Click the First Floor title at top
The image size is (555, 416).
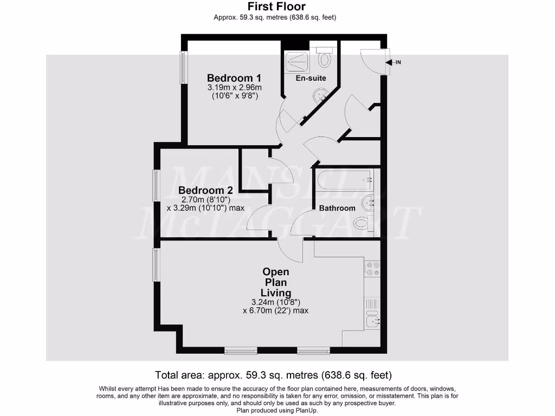coord(276,7)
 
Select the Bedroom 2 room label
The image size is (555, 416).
coord(205,190)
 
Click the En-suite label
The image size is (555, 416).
coord(311,78)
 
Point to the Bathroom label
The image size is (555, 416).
coord(337,208)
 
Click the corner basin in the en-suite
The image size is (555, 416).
coord(320,96)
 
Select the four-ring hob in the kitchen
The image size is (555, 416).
coord(372,269)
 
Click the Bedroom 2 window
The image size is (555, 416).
coord(156,186)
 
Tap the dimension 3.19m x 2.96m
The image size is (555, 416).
coord(234,88)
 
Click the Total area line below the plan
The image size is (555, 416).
coord(273,375)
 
